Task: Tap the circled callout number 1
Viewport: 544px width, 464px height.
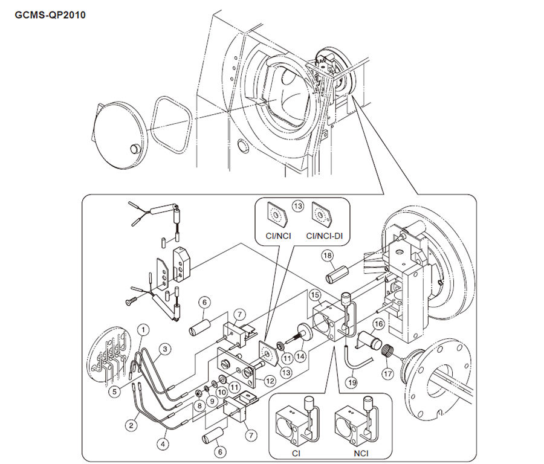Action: tap(143, 329)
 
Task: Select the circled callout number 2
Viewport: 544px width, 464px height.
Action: tap(130, 425)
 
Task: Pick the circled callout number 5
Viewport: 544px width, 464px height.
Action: tap(114, 391)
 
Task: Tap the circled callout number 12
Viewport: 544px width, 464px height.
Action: tap(270, 382)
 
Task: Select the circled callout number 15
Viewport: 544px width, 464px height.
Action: tap(315, 295)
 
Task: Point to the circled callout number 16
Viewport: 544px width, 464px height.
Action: tap(378, 325)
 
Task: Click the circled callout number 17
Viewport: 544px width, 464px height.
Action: tap(387, 373)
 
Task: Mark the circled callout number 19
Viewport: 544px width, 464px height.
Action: tap(351, 382)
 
